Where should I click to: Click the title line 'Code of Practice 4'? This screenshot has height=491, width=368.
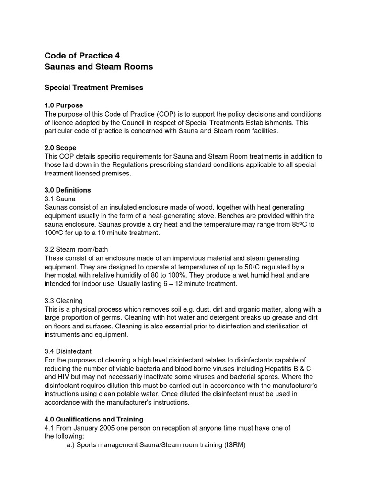pyautogui.click(x=82, y=55)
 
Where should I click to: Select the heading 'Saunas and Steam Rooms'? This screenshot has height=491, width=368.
pyautogui.click(x=99, y=67)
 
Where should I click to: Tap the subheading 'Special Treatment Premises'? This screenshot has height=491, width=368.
pyautogui.click(x=94, y=88)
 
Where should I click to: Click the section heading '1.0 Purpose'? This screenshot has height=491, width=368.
pyautogui.click(x=64, y=105)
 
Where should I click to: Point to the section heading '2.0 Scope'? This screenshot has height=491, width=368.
pyautogui.click(x=60, y=148)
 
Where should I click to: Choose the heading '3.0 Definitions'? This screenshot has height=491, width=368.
pyautogui.click(x=68, y=190)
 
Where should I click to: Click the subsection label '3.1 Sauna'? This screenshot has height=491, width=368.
pyautogui.click(x=60, y=199)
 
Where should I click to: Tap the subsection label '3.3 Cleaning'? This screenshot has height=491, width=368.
pyautogui.click(x=63, y=301)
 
